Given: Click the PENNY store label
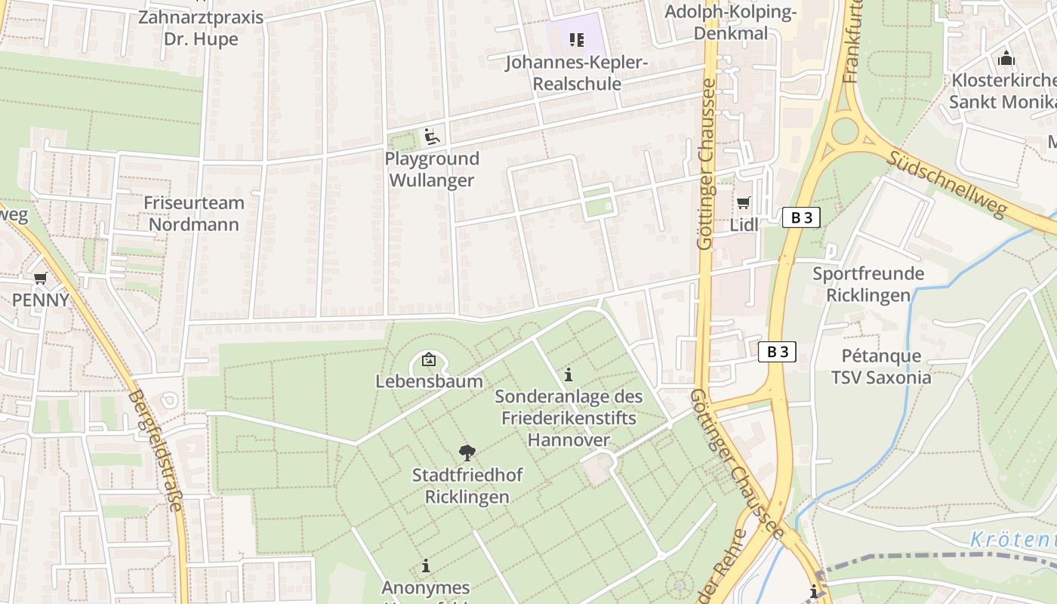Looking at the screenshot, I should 40,300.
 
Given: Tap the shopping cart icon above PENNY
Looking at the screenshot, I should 41,279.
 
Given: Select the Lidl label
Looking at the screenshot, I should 744,225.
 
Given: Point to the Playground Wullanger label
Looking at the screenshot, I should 432,169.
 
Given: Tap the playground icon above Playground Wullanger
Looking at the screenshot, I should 432,137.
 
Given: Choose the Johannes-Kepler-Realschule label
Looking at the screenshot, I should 577,73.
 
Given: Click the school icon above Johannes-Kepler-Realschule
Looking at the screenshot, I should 577,39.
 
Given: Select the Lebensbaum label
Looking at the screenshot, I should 429,381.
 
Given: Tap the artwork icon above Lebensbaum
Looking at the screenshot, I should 429,359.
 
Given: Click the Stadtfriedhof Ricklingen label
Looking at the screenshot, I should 467,485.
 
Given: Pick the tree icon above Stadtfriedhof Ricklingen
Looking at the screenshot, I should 467,453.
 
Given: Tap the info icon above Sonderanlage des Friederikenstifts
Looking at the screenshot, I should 569,374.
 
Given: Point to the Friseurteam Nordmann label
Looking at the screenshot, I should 194,214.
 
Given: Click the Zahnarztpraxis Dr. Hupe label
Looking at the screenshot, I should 201,28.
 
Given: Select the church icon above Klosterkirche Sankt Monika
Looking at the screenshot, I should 1006,58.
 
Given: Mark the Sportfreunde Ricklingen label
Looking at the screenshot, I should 868,284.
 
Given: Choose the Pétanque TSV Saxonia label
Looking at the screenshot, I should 881,366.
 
